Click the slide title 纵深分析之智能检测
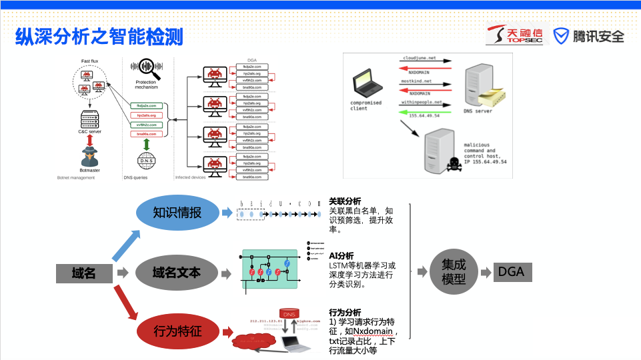tap(99, 36)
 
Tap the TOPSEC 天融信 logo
tap(514, 35)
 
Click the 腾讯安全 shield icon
tap(562, 36)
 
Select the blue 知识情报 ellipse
tap(177, 213)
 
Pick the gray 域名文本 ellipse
tap(177, 272)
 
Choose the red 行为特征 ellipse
tap(177, 331)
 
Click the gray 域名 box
tap(84, 273)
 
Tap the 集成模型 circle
tap(454, 272)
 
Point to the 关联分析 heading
tap(345, 201)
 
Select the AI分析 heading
tap(342, 256)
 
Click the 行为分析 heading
tap(345, 312)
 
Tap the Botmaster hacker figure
tap(89, 157)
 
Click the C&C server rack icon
tap(89, 119)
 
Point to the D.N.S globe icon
tap(147, 161)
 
